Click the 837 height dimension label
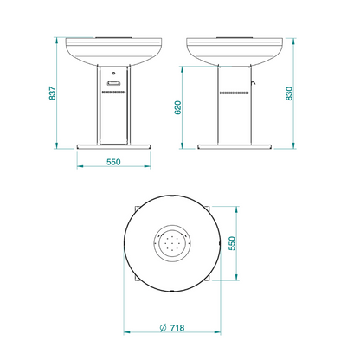(53, 93)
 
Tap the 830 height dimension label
(289, 93)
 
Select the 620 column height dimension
(178, 107)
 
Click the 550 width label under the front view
(113, 162)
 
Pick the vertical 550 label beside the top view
(232, 243)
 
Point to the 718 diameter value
(177, 328)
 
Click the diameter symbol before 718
(163, 328)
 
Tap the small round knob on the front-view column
(114, 73)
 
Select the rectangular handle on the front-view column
(114, 83)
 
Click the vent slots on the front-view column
(114, 92)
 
